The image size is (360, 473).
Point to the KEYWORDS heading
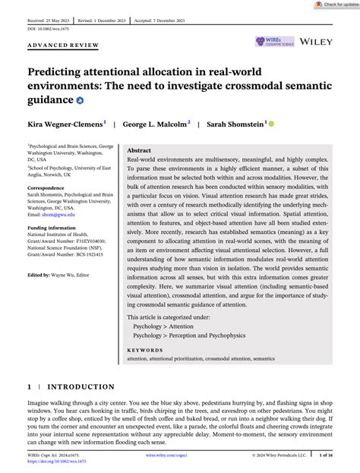(x=147, y=350)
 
